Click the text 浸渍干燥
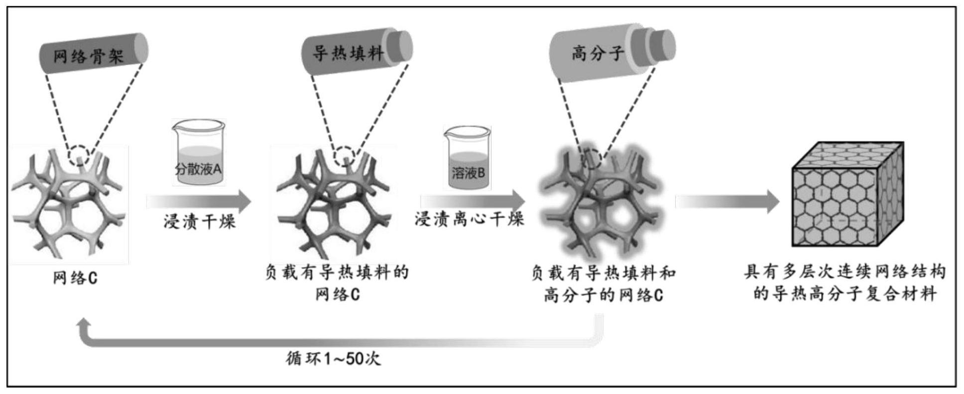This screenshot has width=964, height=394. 199,221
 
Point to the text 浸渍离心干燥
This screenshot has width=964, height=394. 470,219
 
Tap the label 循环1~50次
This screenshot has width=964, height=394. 333,358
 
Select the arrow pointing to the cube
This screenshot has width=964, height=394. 727,201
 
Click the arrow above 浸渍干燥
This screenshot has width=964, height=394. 199,201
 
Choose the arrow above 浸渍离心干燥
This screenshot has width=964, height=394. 473,201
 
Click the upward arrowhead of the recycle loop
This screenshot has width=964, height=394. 83,326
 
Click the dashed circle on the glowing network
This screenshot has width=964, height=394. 592,159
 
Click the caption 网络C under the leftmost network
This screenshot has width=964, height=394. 75,278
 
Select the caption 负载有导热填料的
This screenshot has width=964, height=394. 337,272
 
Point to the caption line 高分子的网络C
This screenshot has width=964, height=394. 603,295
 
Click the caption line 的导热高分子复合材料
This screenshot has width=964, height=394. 845,294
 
